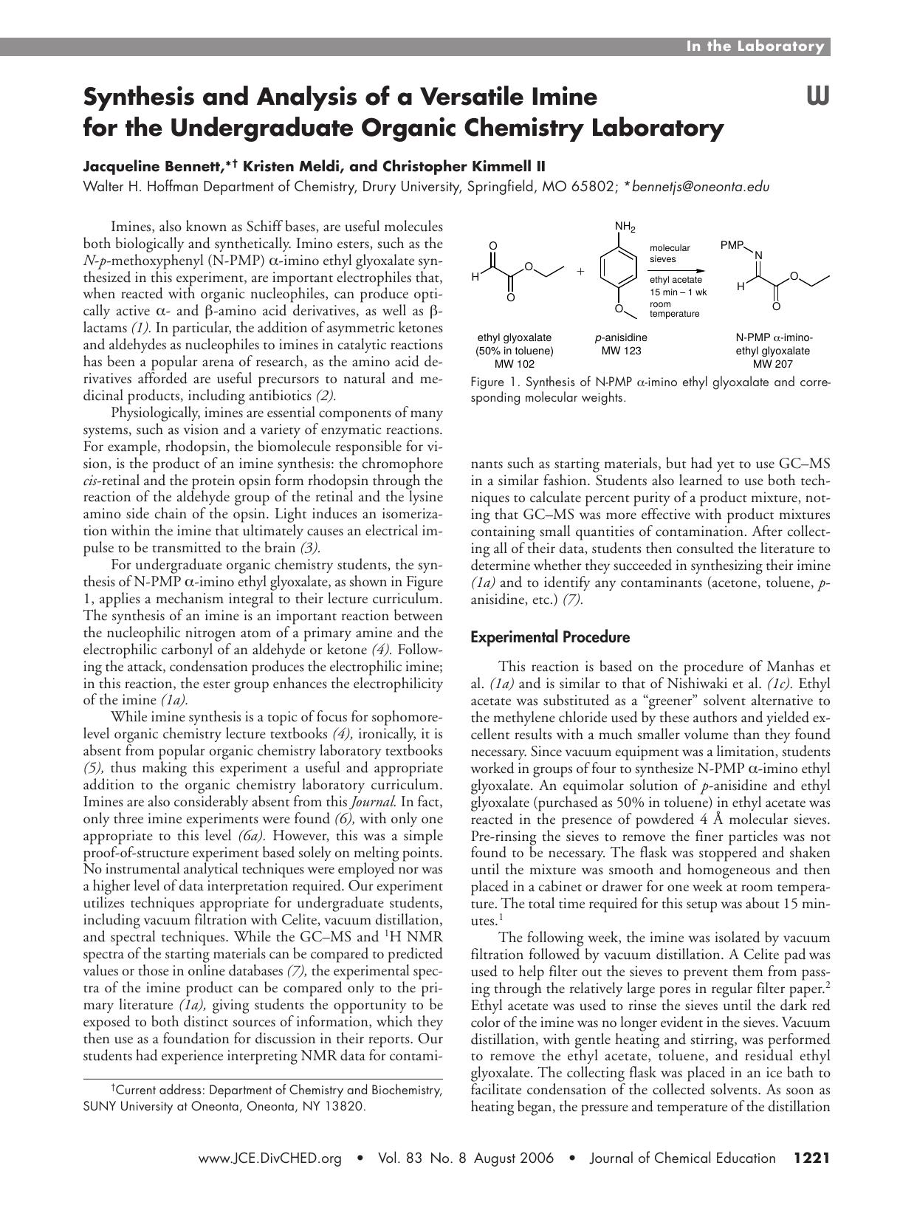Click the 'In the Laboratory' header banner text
click(x=755, y=47)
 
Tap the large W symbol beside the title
click(x=817, y=96)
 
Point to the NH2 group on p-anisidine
click(x=625, y=227)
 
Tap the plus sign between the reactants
click(x=580, y=272)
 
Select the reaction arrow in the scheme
click(x=678, y=270)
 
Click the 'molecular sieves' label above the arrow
click(x=670, y=253)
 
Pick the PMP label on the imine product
click(x=732, y=244)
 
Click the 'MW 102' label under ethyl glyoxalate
click(x=514, y=364)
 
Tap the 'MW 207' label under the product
click(x=772, y=364)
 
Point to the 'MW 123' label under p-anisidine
click(x=621, y=351)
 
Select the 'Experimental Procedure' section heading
click(x=550, y=636)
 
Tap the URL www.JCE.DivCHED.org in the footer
click(x=270, y=1158)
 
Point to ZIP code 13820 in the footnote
click(x=343, y=1106)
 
